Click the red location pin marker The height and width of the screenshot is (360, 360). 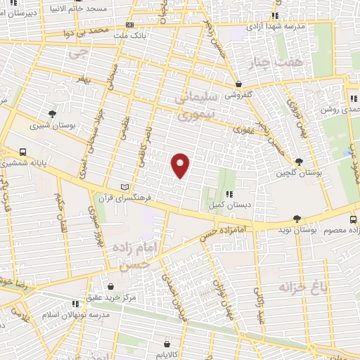pos(181,165)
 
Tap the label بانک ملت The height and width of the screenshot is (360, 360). pos(153,33)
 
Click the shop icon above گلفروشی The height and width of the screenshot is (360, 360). pos(239,83)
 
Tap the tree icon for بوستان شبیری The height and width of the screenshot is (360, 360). pos(51,113)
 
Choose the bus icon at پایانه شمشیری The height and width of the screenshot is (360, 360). pos(23,151)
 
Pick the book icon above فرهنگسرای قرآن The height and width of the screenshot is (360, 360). pos(125,187)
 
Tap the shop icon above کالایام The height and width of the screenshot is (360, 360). pos(166,345)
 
